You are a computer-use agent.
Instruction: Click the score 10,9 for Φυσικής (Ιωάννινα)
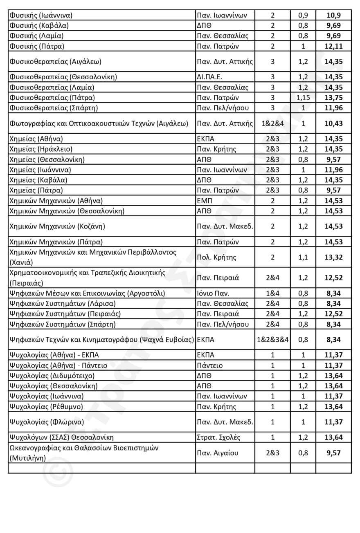333,16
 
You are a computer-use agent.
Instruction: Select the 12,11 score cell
333,46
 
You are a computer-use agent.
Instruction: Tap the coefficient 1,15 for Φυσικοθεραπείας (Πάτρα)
303,98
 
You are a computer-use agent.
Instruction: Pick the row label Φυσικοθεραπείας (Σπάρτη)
54,108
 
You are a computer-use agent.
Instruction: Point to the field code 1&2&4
272,123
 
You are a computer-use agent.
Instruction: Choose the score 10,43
333,123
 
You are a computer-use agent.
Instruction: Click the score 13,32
333,258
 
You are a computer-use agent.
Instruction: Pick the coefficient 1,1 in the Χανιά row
303,258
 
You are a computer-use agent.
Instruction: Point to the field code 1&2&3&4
272,339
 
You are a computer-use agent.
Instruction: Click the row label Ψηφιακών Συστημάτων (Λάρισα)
62,304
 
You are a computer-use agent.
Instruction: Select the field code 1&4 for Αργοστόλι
272,293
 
